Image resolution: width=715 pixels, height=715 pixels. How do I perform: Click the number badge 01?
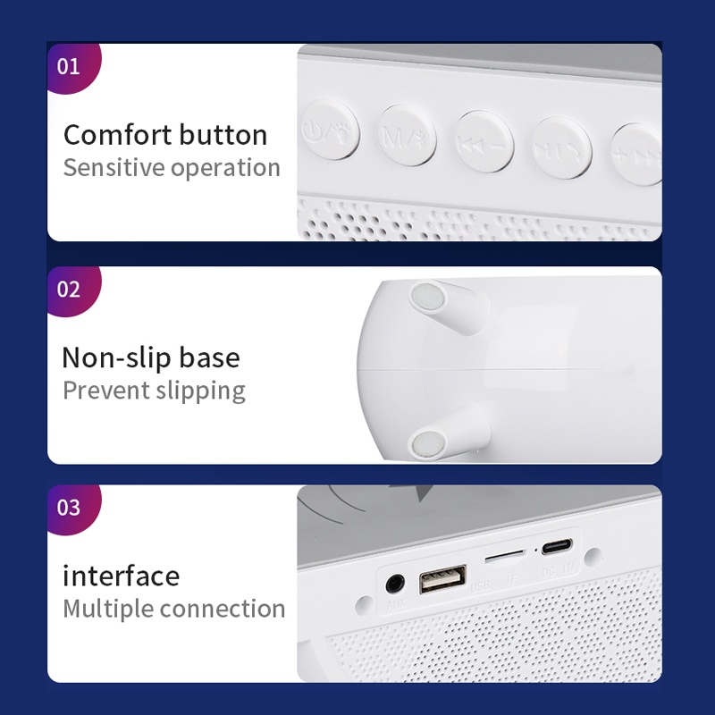point(69,66)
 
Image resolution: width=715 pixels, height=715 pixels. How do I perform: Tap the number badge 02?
point(69,290)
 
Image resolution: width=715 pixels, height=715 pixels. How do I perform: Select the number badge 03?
point(69,508)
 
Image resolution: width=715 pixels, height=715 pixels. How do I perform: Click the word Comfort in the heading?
point(117,135)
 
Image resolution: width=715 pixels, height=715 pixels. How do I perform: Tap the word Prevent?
point(105,391)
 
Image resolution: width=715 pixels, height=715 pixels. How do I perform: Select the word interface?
point(121,576)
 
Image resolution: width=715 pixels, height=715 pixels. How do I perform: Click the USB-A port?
point(442,579)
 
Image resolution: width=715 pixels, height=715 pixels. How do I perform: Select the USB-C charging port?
point(558,547)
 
